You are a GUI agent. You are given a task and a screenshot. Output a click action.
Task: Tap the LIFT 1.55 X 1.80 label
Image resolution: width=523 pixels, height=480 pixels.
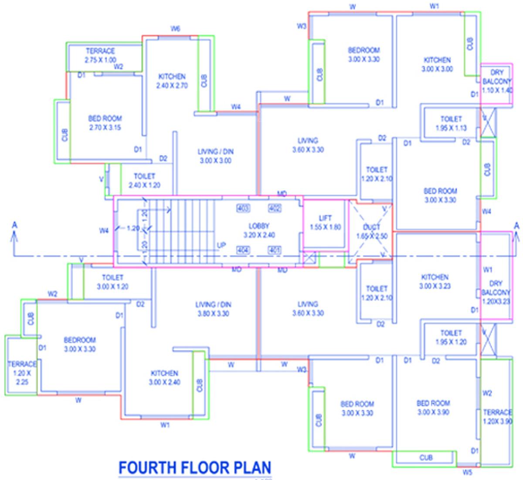[325, 222]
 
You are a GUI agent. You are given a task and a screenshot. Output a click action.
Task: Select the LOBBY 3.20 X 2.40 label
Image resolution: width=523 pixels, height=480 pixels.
[259, 230]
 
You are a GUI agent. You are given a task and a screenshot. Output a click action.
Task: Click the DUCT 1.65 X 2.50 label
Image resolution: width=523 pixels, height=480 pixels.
[371, 231]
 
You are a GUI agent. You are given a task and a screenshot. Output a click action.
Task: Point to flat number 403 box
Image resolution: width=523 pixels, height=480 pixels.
[243, 208]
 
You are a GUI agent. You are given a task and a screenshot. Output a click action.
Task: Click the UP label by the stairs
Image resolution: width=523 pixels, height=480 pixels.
[221, 245]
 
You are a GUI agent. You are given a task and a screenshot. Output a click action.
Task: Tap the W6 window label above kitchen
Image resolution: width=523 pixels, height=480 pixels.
[175, 29]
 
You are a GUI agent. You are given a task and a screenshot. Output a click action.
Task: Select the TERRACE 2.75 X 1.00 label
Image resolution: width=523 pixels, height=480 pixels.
[100, 55]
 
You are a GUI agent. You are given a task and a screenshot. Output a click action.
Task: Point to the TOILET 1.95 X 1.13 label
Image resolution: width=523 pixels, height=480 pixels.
[451, 123]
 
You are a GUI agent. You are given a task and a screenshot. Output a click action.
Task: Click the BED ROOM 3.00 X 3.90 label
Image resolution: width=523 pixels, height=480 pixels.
[433, 408]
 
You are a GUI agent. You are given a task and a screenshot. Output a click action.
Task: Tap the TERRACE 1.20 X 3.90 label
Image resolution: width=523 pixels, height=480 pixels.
[497, 417]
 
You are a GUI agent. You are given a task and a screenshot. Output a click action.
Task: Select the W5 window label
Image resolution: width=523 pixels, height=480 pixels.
[467, 472]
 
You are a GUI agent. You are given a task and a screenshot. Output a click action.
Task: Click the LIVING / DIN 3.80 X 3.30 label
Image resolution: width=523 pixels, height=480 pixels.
[213, 309]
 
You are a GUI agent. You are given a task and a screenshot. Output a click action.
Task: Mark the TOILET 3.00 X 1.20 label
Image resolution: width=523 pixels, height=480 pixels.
[112, 282]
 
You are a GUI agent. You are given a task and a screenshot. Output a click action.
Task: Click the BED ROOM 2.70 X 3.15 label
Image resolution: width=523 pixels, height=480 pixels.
[105, 123]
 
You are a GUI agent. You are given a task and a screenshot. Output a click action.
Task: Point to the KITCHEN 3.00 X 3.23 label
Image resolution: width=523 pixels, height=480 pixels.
[435, 282]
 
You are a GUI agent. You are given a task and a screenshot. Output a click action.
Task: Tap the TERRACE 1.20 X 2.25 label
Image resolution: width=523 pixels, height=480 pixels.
[22, 373]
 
